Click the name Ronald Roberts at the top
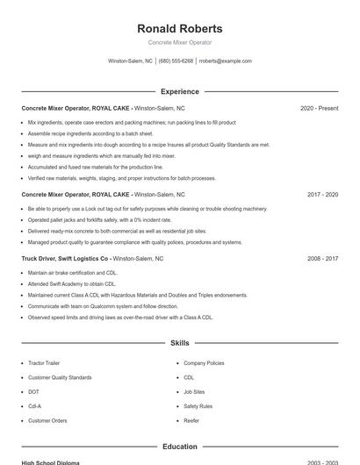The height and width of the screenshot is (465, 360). pos(180,28)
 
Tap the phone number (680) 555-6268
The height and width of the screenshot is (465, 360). pos(176,61)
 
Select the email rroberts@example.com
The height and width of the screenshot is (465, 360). pos(226,61)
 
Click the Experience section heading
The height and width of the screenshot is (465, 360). pos(180,91)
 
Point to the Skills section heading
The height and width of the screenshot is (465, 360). pos(180,343)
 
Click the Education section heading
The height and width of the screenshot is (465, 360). pos(180,447)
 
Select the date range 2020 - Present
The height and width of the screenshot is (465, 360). pos(319,108)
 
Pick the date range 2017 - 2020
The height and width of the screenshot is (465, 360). pos(322,194)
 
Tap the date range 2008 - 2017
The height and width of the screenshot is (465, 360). pos(322,259)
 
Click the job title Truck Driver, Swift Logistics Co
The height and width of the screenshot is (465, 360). pos(66,259)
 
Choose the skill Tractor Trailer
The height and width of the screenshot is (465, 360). pos(45,362)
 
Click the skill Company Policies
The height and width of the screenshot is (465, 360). pos(204,362)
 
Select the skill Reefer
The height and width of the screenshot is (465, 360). pos(191,420)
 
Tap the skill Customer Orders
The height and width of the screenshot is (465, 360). pos(47,420)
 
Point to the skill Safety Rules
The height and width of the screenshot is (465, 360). pos(198,406)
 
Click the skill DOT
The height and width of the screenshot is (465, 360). pos(33,391)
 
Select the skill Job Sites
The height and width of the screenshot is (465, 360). pos(194,391)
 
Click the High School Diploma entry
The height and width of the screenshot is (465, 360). pos(51,461)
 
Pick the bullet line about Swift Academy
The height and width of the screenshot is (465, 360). pos(72,284)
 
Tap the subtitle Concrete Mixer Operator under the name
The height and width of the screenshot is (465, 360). pos(180,42)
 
